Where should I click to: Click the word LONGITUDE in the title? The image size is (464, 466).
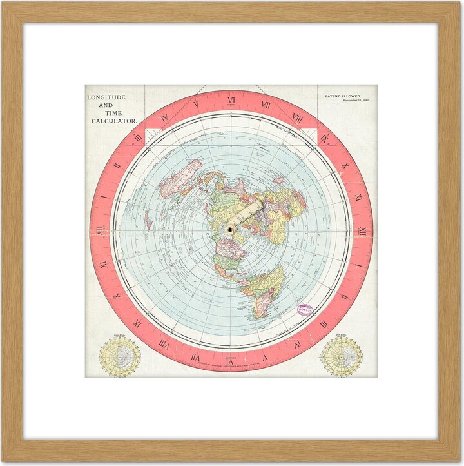(107, 97)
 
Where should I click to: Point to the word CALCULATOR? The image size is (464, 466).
(112, 121)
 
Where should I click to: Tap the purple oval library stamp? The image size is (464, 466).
(305, 311)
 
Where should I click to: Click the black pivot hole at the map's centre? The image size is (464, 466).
(230, 230)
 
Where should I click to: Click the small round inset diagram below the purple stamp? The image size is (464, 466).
(341, 356)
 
